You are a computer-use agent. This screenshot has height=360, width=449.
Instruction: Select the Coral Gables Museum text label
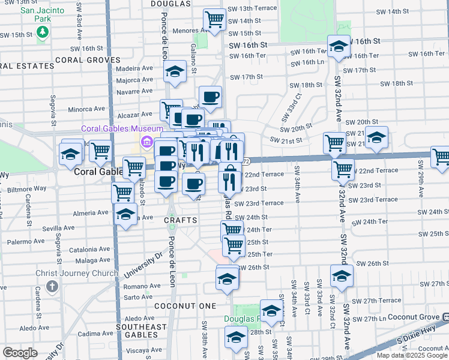click(123, 129)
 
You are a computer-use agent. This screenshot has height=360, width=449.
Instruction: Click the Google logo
click(20, 353)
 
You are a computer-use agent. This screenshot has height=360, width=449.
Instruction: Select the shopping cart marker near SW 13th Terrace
click(214, 19)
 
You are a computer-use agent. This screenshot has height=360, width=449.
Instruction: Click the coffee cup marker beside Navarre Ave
click(210, 96)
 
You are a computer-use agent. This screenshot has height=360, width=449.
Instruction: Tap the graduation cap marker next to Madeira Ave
click(175, 71)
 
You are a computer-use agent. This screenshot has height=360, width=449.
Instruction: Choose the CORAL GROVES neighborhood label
click(88, 60)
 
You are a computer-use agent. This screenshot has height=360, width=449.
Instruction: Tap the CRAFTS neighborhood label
click(181, 220)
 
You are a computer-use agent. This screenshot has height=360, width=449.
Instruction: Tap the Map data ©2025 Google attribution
click(412, 355)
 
